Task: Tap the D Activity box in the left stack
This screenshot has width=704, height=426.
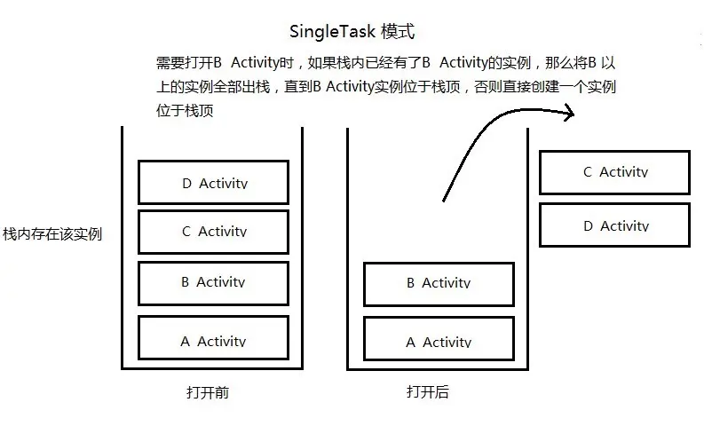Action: pos(213,183)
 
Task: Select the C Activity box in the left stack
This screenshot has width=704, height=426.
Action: pos(213,232)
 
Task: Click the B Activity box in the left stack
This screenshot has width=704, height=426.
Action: pos(213,282)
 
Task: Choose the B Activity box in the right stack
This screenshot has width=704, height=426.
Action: pos(439,283)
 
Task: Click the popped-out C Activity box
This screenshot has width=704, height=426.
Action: pos(614,172)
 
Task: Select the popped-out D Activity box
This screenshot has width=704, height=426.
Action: pos(614,225)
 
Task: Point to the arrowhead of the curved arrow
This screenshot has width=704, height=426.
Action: pos(569,112)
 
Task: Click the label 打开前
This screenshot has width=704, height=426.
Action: pos(208,391)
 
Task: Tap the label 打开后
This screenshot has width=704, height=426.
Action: pos(428,391)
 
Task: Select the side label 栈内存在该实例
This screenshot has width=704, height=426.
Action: pos(52,234)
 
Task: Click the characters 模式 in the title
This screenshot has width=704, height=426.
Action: pos(397,32)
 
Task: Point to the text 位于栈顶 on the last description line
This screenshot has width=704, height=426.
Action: pos(184,111)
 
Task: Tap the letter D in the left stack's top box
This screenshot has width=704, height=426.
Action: pos(186,184)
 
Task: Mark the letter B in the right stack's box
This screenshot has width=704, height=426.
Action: pos(411,283)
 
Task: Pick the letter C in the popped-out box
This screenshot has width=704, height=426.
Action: pos(588,172)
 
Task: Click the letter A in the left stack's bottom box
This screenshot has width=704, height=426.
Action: pos(185,341)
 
